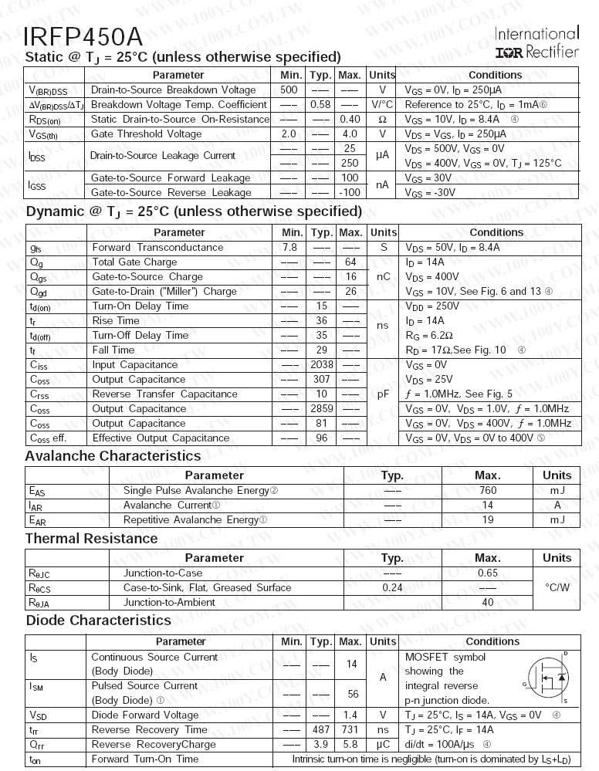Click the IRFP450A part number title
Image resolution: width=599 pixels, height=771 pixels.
[83, 36]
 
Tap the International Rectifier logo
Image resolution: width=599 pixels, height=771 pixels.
[536, 43]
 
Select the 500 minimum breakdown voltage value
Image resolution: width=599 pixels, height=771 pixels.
[289, 90]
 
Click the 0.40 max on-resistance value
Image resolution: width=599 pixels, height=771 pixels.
[350, 120]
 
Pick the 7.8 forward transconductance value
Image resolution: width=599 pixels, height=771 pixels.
[289, 248]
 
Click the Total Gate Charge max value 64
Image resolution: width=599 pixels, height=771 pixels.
[350, 262]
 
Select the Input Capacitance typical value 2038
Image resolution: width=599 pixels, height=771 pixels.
[321, 365]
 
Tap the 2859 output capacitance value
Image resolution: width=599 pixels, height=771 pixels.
[321, 409]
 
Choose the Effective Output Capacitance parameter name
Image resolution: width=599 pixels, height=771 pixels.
[161, 438]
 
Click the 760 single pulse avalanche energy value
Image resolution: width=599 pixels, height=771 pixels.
[488, 491]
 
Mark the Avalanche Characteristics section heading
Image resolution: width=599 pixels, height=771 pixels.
[113, 456]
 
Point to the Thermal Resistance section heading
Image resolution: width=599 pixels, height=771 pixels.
[91, 539]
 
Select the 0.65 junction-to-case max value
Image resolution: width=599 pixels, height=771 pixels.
[488, 573]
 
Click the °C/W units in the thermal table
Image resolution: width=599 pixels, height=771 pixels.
[557, 588]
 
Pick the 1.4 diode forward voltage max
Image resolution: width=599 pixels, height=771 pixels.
[350, 715]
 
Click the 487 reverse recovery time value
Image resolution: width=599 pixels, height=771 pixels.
[321, 730]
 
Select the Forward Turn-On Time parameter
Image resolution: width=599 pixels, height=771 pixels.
[144, 759]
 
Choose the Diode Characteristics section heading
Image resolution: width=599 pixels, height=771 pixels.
[99, 621]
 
